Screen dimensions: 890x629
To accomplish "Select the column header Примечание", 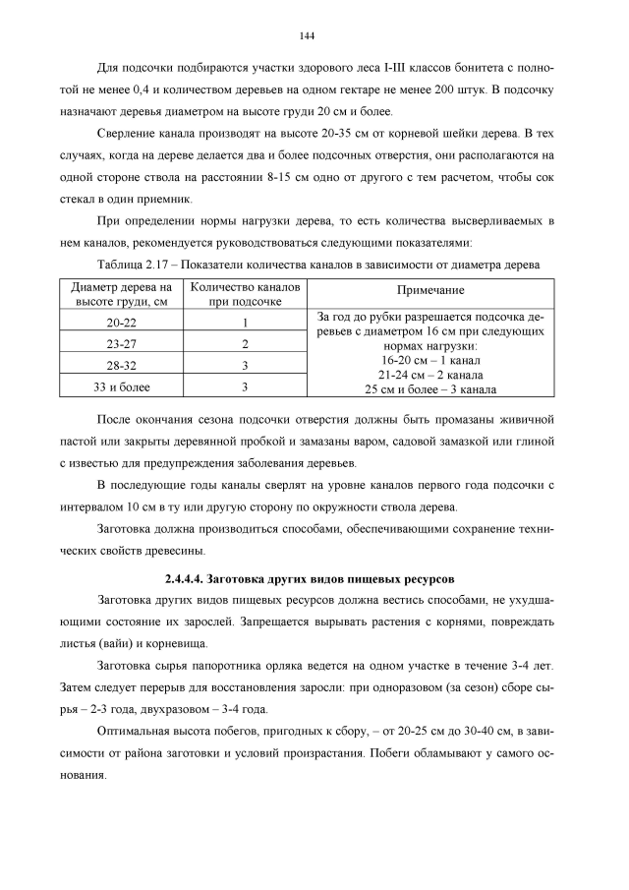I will pos(429,292).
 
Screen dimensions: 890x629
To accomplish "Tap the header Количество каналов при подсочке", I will pos(245,292).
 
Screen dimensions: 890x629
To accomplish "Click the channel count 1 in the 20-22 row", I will pos(245,323).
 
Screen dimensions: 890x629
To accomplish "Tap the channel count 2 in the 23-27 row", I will pos(245,344).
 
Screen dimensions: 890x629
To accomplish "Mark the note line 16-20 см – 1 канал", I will pos(429,361).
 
